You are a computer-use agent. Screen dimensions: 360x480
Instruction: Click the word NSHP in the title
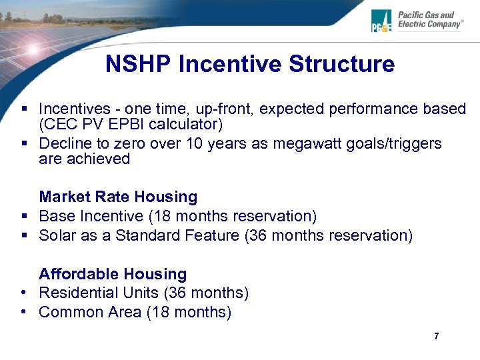coord(139,65)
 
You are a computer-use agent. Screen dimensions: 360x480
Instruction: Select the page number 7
coord(436,336)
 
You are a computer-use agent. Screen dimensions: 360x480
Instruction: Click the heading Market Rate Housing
coord(118,197)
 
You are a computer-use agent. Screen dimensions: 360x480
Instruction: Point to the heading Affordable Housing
coord(113,274)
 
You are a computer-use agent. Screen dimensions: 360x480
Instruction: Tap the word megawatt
coord(310,144)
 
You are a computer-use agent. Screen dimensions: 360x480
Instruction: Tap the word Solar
coord(58,235)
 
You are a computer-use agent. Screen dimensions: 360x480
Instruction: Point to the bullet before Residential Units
coord(23,293)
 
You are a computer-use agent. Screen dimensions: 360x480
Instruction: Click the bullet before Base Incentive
coord(23,216)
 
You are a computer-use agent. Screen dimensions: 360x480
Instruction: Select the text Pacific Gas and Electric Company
coord(429,20)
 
